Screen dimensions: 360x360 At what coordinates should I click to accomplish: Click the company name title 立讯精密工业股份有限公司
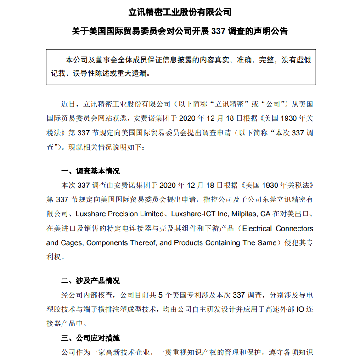(x=180, y=11)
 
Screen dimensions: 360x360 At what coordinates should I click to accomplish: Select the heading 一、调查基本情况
(x=90, y=171)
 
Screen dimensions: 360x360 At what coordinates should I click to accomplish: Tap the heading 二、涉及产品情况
(x=90, y=281)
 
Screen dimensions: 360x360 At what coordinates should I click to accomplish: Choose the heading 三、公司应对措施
(x=90, y=338)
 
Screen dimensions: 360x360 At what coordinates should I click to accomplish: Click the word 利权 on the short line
(x=54, y=257)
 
